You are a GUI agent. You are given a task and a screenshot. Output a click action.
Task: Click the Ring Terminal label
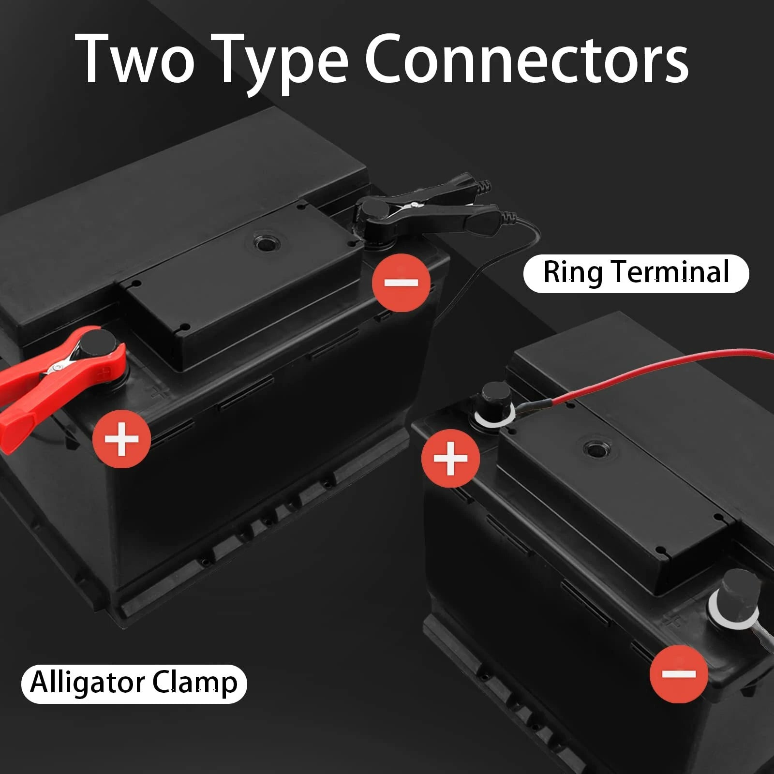[x=636, y=273]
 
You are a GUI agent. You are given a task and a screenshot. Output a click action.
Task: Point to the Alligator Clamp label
[x=134, y=683]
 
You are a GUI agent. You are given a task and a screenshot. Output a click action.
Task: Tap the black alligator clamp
[x=426, y=208]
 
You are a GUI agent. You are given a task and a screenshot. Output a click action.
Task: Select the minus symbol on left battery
[x=401, y=283]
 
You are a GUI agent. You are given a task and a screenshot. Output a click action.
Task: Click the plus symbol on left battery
[x=121, y=439]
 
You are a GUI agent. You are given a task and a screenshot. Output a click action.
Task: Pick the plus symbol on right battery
[x=450, y=458]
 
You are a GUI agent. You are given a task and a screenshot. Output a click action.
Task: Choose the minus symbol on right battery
[x=678, y=673]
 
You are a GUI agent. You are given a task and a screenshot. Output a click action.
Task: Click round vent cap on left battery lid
[x=265, y=242]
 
